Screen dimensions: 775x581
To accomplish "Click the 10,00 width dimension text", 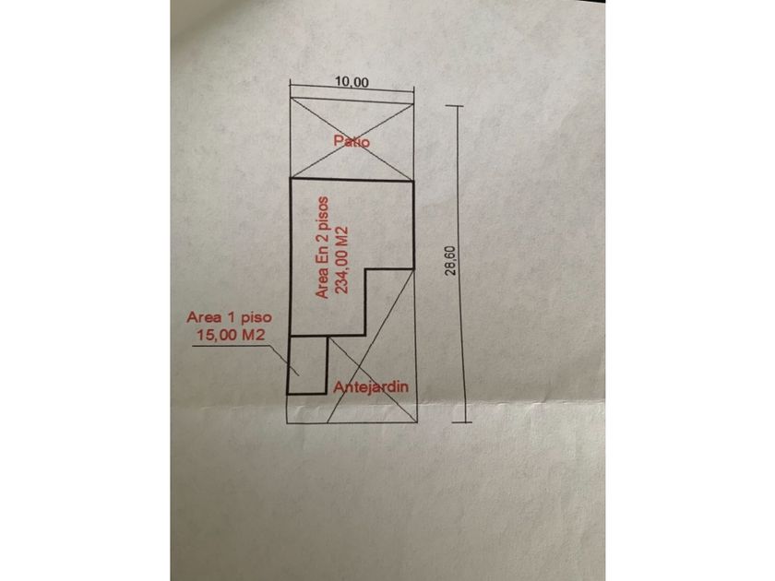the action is [x=352, y=81].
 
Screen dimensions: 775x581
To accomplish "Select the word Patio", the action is [x=352, y=141].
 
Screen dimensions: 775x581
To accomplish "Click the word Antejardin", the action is [x=371, y=386].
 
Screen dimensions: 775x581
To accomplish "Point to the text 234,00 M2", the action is [x=342, y=260].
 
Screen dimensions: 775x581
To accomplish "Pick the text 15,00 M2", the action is [x=232, y=335].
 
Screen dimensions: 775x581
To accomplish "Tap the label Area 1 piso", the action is [x=229, y=317].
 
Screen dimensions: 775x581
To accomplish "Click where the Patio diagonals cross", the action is [x=352, y=139].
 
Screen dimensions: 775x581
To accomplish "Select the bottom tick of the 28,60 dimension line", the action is [x=465, y=423].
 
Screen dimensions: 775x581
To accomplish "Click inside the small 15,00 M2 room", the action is [x=307, y=364].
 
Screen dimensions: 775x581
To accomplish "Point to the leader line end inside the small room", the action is [x=297, y=374].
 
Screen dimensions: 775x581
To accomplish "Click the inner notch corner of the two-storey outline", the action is [x=365, y=269].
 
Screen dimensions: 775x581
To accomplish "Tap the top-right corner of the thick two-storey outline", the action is [x=413, y=182].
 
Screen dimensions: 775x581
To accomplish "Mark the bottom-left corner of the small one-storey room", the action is [x=288, y=394].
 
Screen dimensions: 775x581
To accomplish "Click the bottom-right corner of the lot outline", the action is [x=417, y=423].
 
